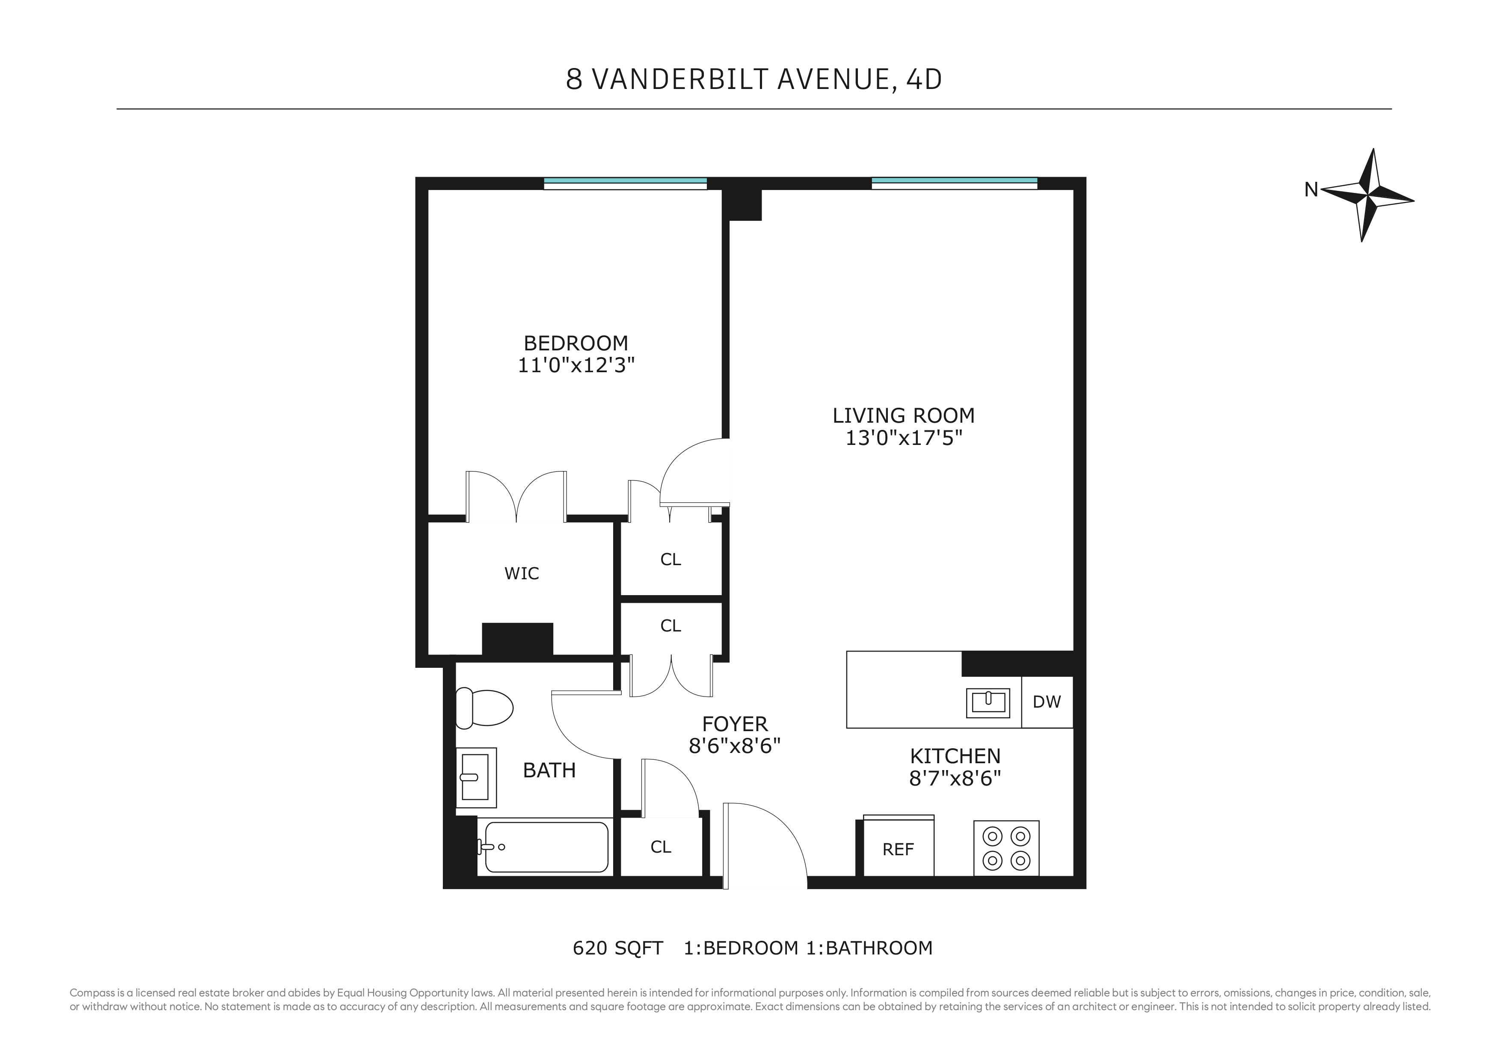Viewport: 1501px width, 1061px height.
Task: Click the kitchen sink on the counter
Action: coord(988,703)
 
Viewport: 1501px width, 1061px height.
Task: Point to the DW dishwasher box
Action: coord(1047,702)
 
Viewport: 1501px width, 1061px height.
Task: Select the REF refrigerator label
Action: coord(898,849)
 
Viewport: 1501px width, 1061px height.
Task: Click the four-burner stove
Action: coord(1006,848)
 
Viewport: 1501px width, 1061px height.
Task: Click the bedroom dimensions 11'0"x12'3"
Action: coord(576,365)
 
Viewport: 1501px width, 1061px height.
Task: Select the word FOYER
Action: coord(735,724)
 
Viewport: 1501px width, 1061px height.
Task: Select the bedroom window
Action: coord(625,183)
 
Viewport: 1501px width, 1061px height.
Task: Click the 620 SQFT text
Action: coord(618,948)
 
